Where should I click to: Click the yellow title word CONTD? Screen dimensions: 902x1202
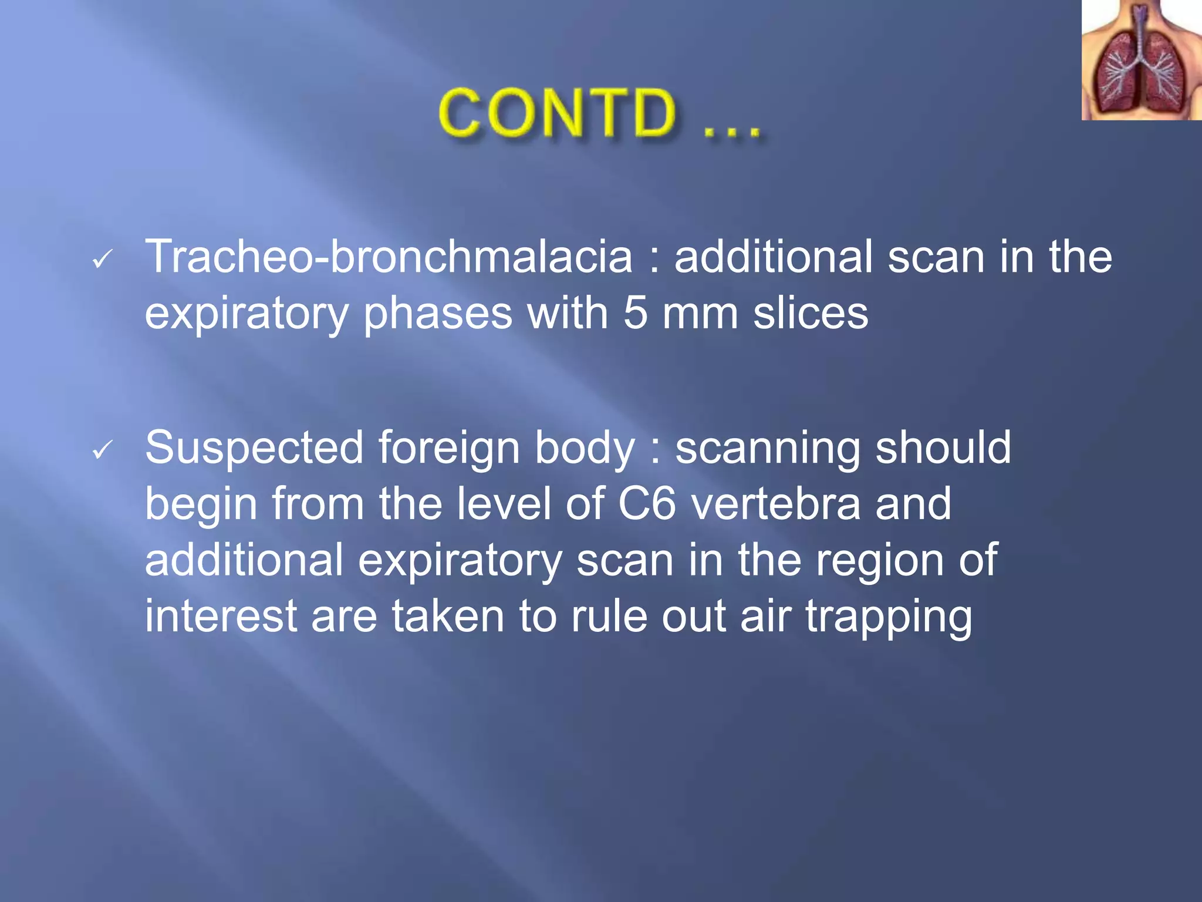(558, 113)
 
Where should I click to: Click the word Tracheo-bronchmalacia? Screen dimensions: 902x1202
(389, 257)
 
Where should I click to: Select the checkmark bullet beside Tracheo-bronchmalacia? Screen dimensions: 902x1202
(103, 259)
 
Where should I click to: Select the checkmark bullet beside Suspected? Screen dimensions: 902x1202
(103, 450)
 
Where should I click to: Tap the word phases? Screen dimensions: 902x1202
(438, 314)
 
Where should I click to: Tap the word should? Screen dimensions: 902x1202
(943, 447)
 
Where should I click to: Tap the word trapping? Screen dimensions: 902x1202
(888, 618)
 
